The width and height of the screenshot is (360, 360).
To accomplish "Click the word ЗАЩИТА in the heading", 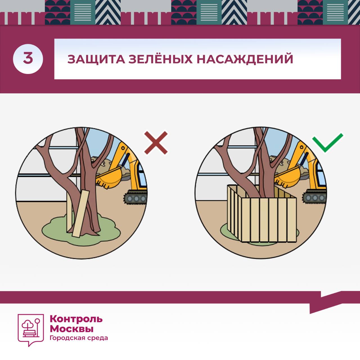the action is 96,59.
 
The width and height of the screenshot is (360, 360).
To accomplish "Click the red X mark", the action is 156,143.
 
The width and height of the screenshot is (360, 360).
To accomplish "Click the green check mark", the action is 327,142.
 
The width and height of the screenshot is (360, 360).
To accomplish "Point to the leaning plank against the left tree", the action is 81,214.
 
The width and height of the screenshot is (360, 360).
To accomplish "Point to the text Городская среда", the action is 79,338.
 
